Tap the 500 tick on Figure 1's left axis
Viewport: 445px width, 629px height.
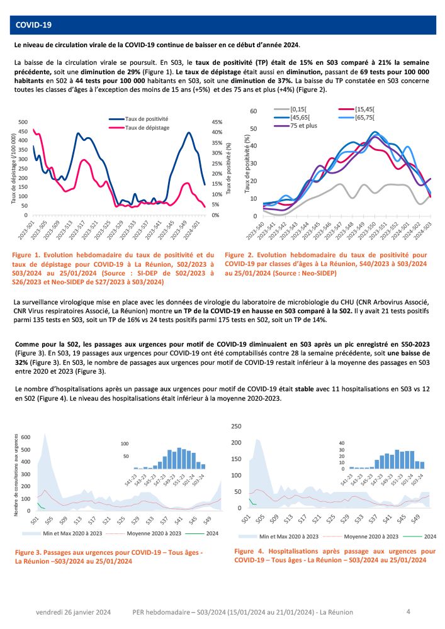click(23, 122)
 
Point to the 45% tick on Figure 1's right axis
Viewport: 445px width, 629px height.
click(216, 122)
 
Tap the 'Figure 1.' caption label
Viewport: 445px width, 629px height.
click(30, 255)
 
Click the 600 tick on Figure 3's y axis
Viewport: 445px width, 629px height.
click(26, 437)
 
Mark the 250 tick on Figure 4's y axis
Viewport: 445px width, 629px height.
click(236, 426)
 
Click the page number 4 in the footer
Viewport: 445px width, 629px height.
click(408, 611)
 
